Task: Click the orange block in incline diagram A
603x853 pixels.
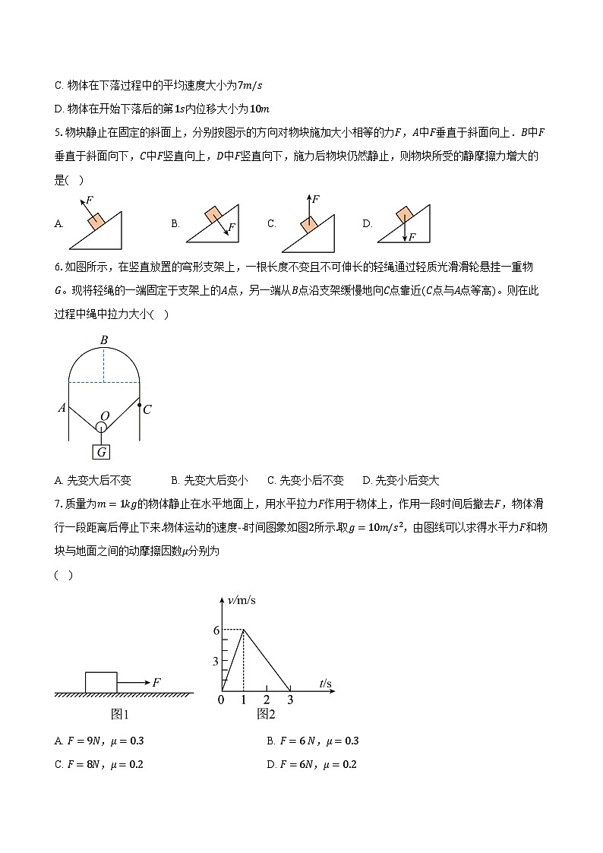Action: [96, 221]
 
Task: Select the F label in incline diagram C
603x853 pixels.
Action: [316, 199]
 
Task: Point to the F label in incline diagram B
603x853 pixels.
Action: [232, 227]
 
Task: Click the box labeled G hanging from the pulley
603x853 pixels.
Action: [101, 452]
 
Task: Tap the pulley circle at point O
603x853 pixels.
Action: [101, 428]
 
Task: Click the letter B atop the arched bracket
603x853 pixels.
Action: [104, 340]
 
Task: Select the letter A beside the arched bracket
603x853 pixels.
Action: [62, 408]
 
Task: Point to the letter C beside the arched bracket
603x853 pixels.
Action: [147, 410]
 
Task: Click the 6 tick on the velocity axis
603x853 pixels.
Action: [216, 630]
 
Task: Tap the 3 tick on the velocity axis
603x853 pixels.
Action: [216, 662]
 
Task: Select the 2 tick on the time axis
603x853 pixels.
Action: [267, 700]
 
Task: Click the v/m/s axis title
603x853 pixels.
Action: [242, 600]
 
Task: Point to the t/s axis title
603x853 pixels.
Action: [325, 684]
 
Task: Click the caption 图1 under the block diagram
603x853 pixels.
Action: [121, 714]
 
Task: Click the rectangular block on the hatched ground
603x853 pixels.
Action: [101, 682]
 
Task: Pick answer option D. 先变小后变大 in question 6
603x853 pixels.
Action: [401, 480]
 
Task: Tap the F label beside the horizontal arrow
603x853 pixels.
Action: [156, 683]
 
